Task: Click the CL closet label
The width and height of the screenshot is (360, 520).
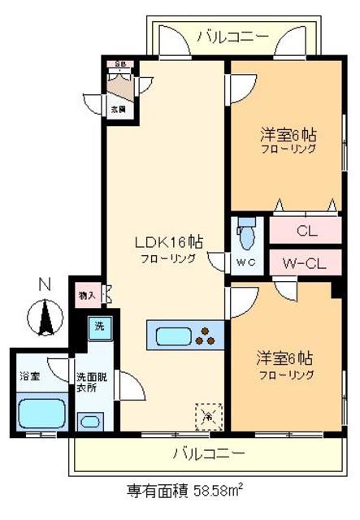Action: click(306, 230)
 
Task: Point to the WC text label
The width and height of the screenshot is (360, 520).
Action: click(245, 262)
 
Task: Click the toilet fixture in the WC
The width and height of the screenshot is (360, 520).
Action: click(247, 235)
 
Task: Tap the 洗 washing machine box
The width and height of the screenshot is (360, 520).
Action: click(98, 327)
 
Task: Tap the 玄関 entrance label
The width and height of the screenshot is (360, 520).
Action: click(119, 108)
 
